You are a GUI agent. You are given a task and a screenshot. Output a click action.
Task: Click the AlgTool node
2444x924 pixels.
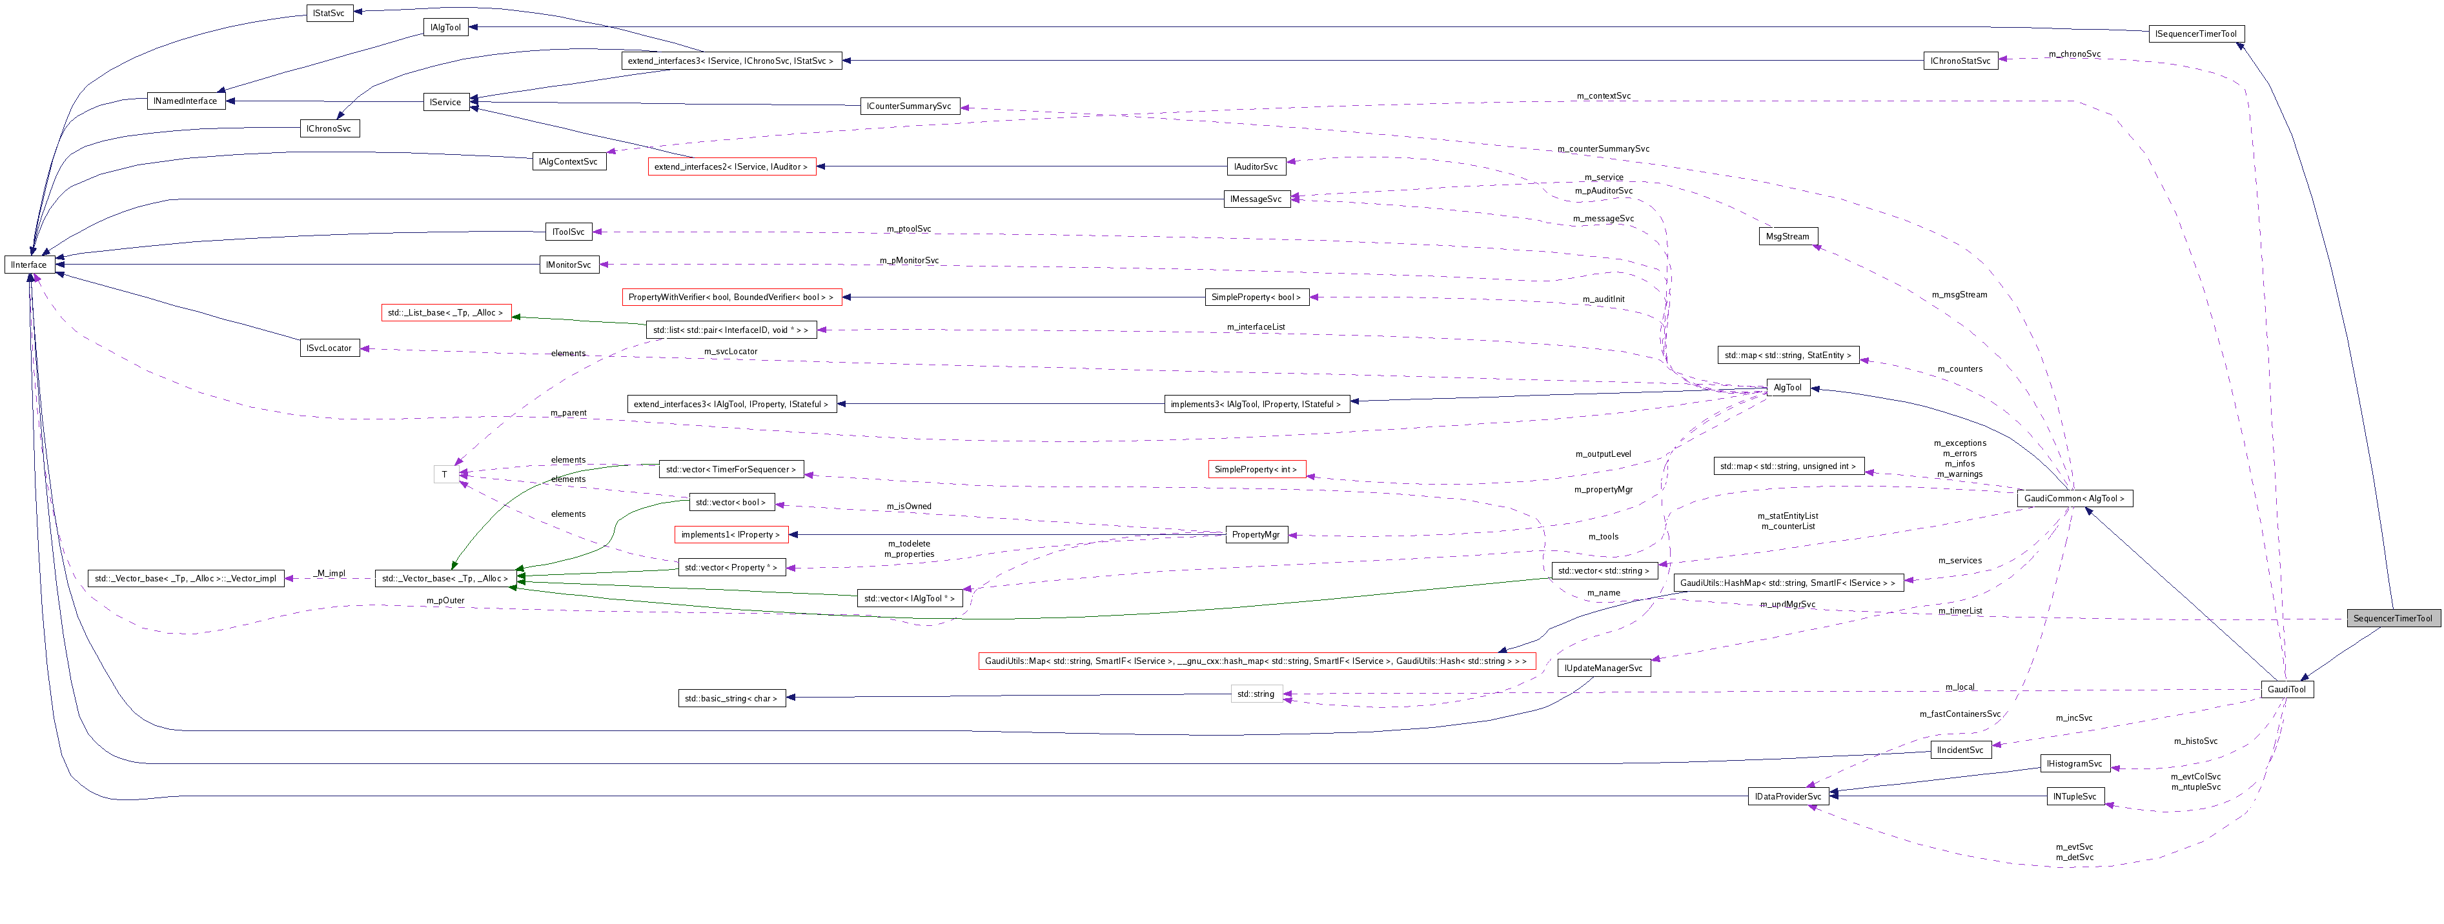pos(1787,387)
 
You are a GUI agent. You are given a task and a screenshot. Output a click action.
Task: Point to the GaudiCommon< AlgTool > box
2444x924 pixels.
pos(2074,498)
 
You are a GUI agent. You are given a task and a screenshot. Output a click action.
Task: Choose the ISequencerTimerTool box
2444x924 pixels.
pos(2195,34)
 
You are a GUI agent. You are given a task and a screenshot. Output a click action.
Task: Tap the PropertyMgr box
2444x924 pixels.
pos(1255,535)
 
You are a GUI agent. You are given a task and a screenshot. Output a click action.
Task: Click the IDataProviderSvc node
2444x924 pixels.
pos(1787,797)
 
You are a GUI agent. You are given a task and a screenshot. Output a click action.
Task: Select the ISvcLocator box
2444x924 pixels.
pos(329,348)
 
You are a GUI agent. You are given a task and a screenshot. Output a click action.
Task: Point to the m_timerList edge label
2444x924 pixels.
pos(1960,611)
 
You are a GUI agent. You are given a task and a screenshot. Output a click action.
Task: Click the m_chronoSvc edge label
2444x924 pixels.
pos(2074,54)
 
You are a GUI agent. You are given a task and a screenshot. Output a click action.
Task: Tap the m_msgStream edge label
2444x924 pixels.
pos(1959,295)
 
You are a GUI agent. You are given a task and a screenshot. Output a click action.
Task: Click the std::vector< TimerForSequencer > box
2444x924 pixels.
pos(731,470)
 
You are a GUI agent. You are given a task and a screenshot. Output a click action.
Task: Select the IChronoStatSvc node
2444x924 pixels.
pos(1960,61)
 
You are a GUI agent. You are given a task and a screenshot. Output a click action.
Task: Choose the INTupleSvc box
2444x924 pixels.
pos(2075,797)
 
